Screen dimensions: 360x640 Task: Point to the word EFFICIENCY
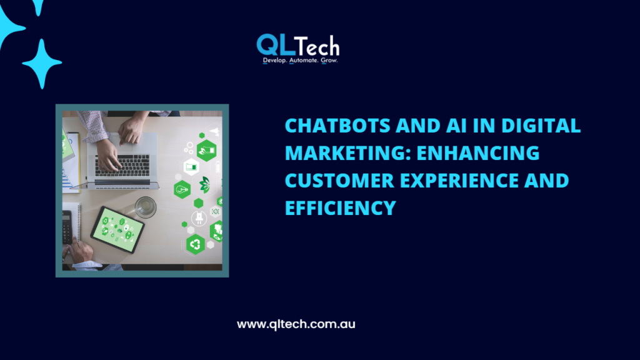click(341, 207)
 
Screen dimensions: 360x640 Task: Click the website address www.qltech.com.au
click(296, 325)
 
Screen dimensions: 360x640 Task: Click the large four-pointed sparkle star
click(42, 64)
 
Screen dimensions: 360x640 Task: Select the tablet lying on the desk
click(117, 229)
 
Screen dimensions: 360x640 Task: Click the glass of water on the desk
click(146, 207)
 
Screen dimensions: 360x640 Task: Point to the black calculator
click(67, 227)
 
